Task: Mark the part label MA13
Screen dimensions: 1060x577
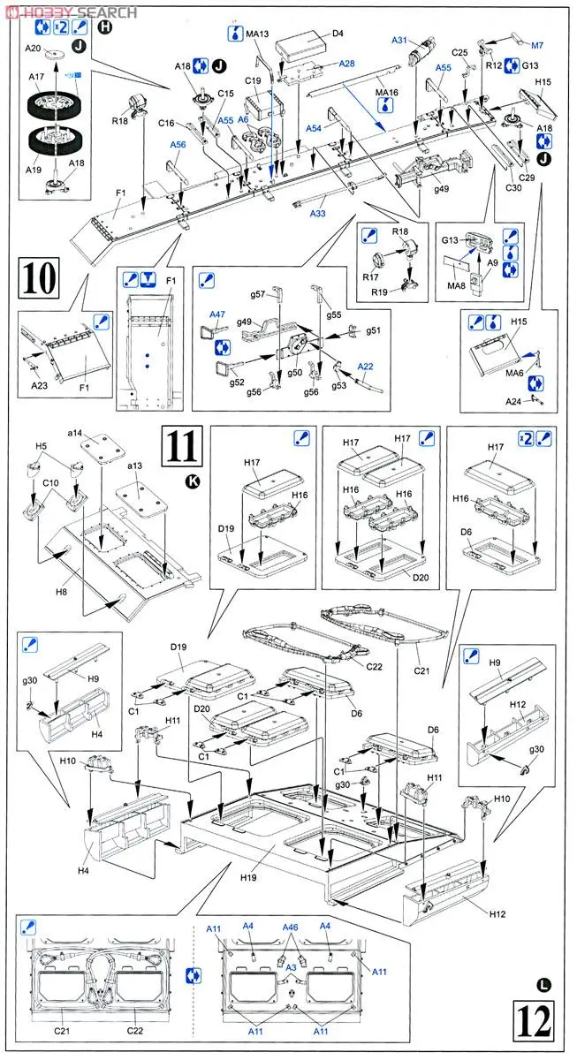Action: pyautogui.click(x=257, y=34)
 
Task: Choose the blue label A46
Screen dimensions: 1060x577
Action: pyautogui.click(x=291, y=928)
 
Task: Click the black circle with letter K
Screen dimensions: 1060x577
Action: pyautogui.click(x=193, y=481)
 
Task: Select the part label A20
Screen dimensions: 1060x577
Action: pyautogui.click(x=34, y=49)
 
